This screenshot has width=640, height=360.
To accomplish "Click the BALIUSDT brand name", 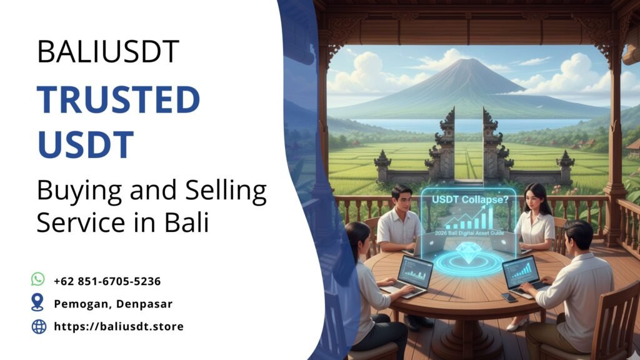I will tap(108, 52).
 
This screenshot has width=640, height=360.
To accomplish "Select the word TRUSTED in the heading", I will tap(118, 99).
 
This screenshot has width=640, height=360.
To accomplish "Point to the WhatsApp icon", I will tap(39, 279).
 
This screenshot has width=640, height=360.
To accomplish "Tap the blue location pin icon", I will tap(38, 302).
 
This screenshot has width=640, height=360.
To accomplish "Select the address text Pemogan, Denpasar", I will tap(112, 304).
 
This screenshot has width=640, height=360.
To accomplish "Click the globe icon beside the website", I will tap(39, 326).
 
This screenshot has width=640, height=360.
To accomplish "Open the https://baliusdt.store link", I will tap(119, 326).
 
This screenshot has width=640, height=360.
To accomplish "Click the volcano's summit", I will tap(464, 63).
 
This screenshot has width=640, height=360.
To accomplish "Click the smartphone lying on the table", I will tap(509, 297).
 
